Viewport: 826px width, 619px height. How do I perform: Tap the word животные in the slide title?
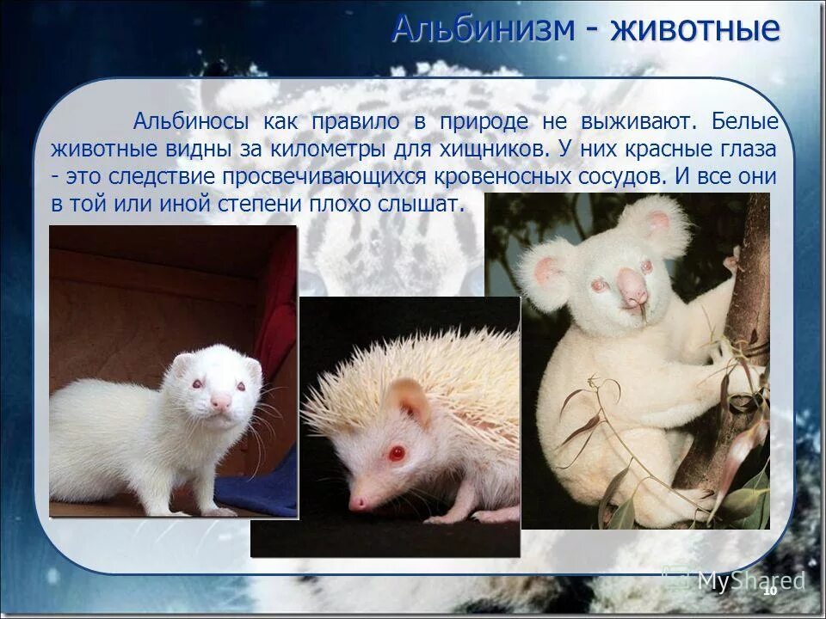pyautogui.click(x=695, y=28)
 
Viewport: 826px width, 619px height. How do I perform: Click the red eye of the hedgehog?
pyautogui.click(x=397, y=451)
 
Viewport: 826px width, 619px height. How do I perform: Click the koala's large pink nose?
pyautogui.click(x=634, y=288)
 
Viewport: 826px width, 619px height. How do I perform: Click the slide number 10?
pyautogui.click(x=769, y=590)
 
